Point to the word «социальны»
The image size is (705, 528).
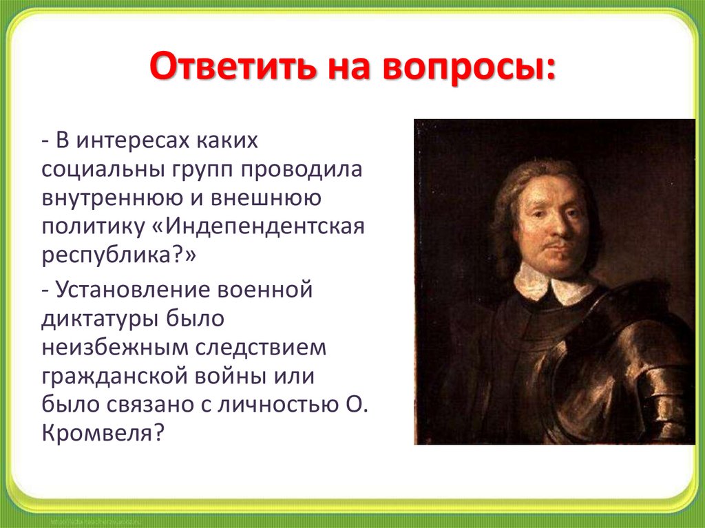pyautogui.click(x=102, y=169)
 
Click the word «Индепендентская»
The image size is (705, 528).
pyautogui.click(x=265, y=227)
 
